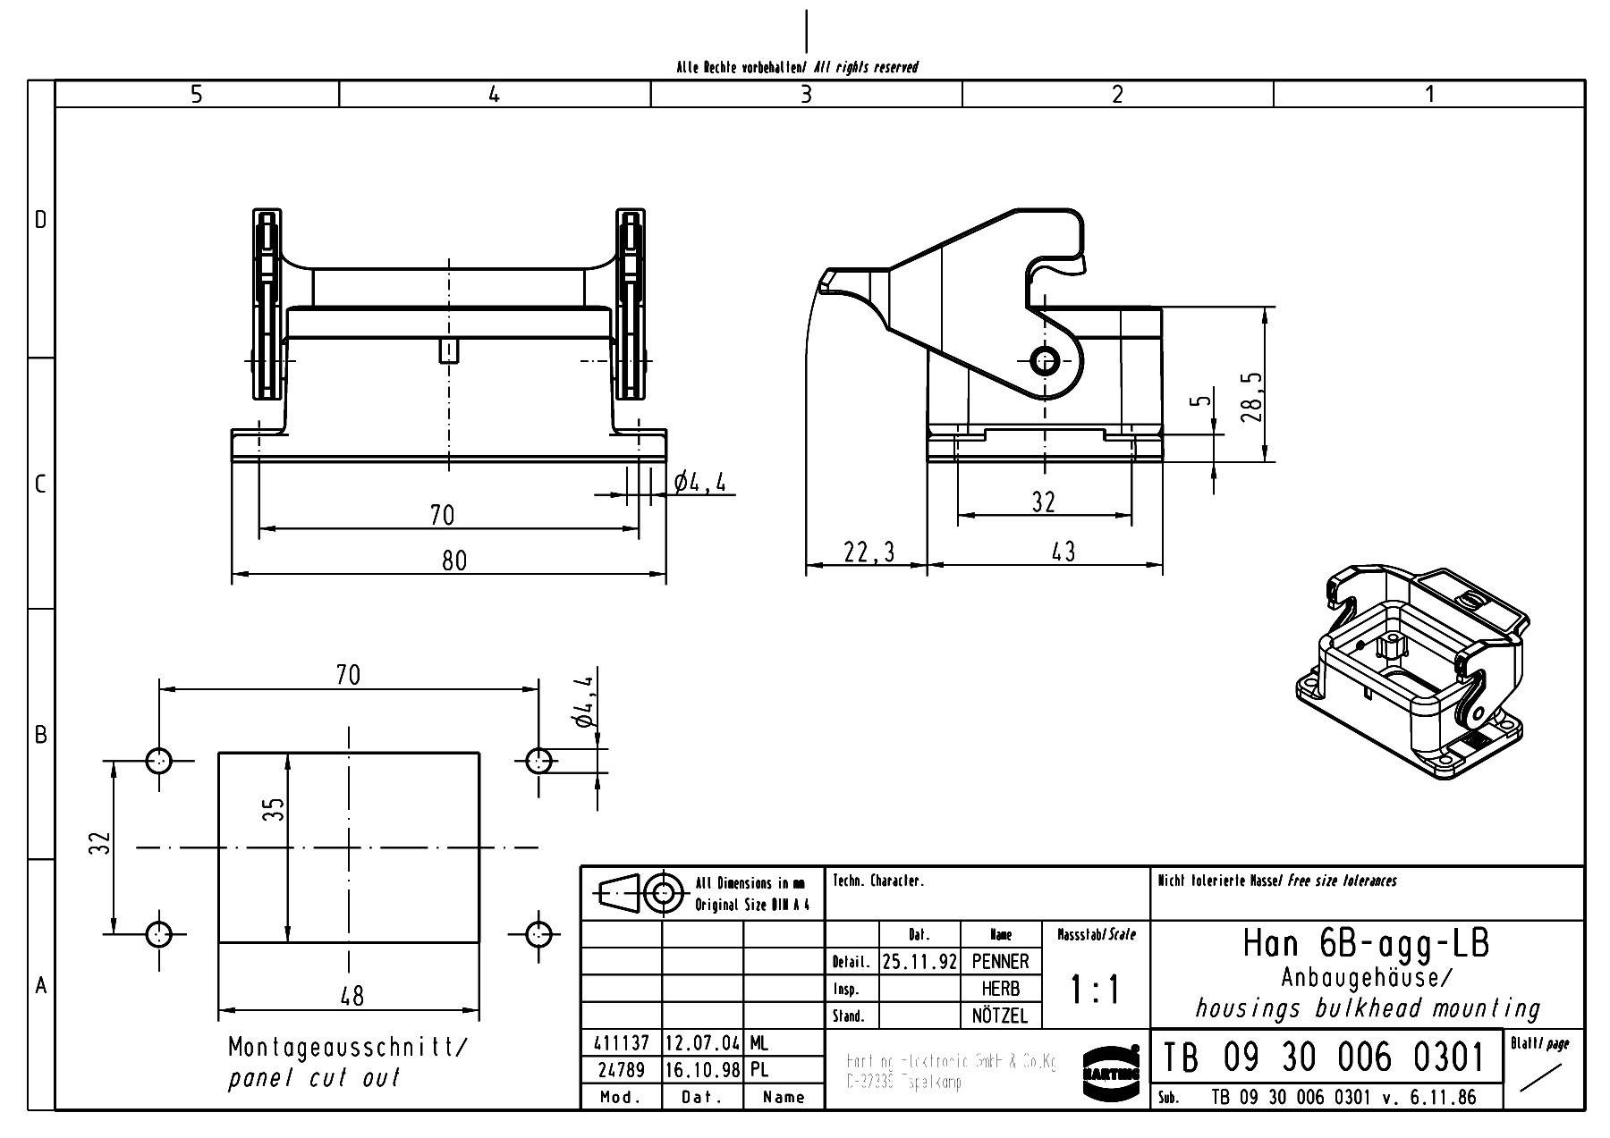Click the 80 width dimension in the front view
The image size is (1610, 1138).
click(454, 561)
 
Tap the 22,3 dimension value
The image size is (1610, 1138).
click(869, 552)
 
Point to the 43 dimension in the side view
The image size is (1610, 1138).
click(1063, 552)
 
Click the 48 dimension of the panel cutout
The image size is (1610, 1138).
click(352, 996)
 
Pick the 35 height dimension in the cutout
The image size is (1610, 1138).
click(276, 809)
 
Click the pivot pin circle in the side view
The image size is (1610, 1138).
click(1045, 361)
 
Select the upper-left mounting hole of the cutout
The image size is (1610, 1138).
click(159, 762)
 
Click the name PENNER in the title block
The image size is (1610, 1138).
click(1000, 962)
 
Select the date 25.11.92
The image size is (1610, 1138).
click(919, 962)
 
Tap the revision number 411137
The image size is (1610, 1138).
click(622, 1043)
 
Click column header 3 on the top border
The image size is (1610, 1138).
click(806, 94)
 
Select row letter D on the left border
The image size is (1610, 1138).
click(40, 220)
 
